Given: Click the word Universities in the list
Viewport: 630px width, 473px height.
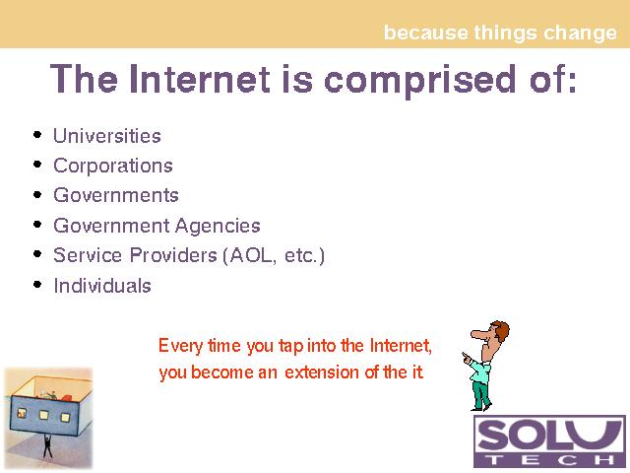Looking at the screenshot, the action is pyautogui.click(x=107, y=136).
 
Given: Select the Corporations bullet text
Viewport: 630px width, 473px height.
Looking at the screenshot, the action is pyautogui.click(x=113, y=166).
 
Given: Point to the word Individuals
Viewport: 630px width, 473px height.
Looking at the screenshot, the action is pyautogui.click(x=102, y=286).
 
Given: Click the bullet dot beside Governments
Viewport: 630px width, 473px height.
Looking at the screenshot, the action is pyautogui.click(x=37, y=195).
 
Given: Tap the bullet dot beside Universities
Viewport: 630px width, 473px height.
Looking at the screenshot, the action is pyautogui.click(x=37, y=135).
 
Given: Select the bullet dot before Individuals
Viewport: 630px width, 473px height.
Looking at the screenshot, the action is pyautogui.click(x=37, y=285).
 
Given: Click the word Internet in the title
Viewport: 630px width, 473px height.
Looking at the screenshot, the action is pyautogui.click(x=200, y=79).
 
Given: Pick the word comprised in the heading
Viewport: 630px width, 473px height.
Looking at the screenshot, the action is pyautogui.click(x=419, y=81).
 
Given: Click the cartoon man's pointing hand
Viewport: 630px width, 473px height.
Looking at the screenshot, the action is pyautogui.click(x=467, y=358).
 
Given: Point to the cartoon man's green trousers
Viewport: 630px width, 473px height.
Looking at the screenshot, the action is pyautogui.click(x=481, y=395).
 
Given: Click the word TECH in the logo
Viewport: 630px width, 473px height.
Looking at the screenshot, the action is pyautogui.click(x=549, y=460).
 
